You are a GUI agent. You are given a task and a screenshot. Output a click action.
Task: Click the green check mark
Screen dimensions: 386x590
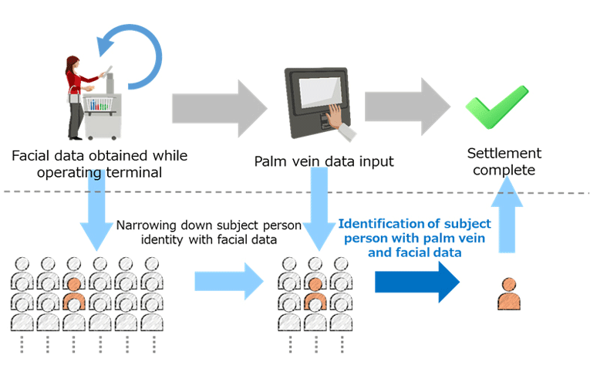point(496,107)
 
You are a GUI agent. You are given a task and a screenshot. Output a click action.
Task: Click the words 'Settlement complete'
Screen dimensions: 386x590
point(505,161)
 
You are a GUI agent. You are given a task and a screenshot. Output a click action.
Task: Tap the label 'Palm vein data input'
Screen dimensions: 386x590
point(324,161)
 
